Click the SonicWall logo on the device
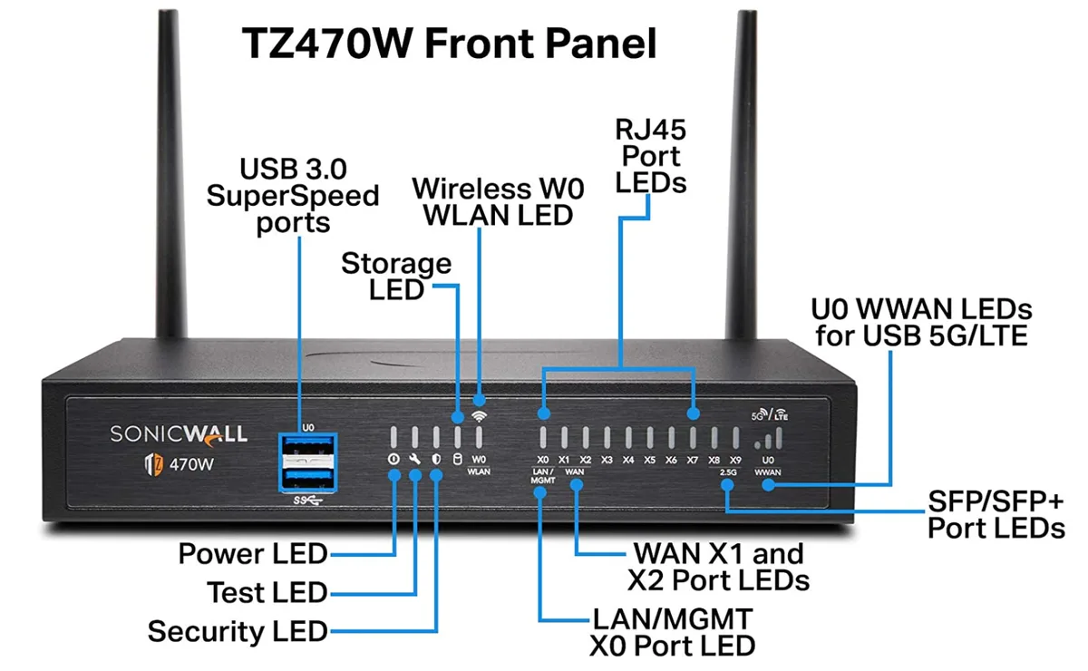(179, 435)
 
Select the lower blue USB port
(308, 479)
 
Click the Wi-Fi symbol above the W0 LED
(479, 416)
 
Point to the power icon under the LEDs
(393, 459)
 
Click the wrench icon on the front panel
(415, 459)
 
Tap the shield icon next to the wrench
(436, 459)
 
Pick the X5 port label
(649, 460)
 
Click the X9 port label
(735, 460)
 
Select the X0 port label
(542, 460)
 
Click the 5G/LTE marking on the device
(770, 414)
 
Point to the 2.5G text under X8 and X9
(727, 472)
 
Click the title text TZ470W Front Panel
(450, 44)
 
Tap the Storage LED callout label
(396, 277)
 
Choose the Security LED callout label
(238, 632)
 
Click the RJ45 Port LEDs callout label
(650, 157)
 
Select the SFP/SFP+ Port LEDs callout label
(996, 515)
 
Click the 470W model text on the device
(191, 464)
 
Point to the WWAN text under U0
(768, 472)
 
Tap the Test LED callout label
(267, 593)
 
